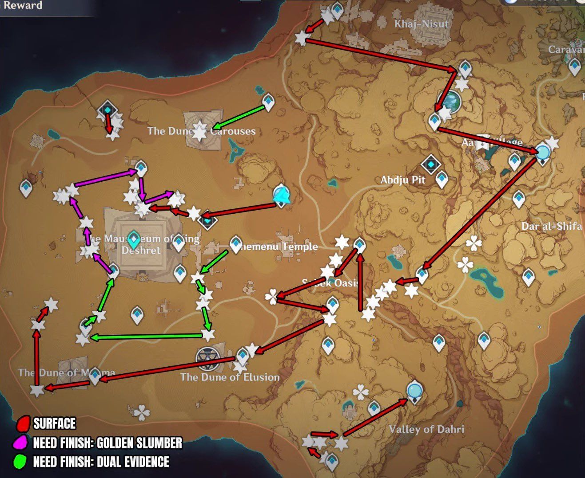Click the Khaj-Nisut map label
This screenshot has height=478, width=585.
click(422, 24)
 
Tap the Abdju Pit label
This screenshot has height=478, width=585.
click(403, 180)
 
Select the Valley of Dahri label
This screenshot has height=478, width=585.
click(426, 429)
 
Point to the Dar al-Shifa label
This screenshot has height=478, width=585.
click(551, 226)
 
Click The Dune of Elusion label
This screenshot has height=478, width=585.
click(230, 377)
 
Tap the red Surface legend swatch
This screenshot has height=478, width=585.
click(23, 424)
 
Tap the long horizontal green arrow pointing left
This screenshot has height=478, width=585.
click(147, 337)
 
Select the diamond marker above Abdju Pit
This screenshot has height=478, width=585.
click(430, 165)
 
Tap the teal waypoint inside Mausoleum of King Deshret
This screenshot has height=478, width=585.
click(133, 239)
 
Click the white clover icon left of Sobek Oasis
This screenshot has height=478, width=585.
click(271, 297)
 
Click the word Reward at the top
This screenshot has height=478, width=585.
click(23, 5)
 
